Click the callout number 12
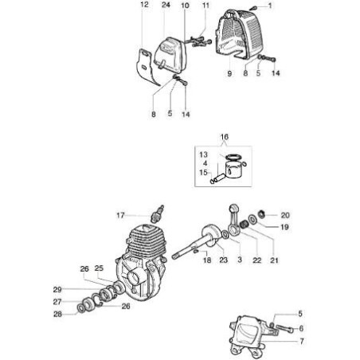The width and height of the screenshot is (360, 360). (x=143, y=6)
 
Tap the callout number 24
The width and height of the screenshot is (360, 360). (x=166, y=6)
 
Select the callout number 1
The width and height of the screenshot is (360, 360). (x=269, y=6)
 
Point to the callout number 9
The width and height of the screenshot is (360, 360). (x=229, y=74)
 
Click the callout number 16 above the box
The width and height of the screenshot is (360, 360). (x=224, y=138)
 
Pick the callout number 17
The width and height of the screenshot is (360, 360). (x=120, y=215)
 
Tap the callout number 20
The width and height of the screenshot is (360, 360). (x=285, y=215)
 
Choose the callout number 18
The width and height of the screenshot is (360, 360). (x=205, y=260)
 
